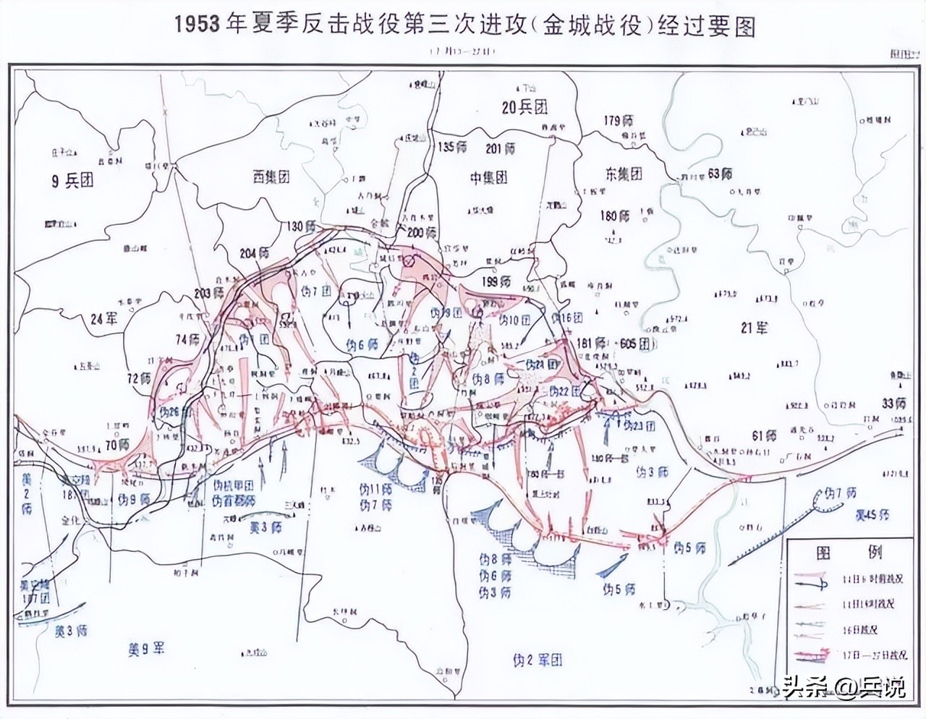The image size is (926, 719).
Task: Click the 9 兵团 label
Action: pos(72,181)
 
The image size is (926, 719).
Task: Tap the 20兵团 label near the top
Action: pos(524,107)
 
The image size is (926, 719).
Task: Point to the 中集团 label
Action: pos(488,177)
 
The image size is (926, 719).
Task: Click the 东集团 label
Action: pos(623,174)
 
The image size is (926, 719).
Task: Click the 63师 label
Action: pos(720,174)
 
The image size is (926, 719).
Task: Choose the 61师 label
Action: pos(763,436)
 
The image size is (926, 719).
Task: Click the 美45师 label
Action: pos(872,515)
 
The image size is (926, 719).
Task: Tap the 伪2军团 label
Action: pos(537,659)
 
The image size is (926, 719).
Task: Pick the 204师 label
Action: pos(256,253)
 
